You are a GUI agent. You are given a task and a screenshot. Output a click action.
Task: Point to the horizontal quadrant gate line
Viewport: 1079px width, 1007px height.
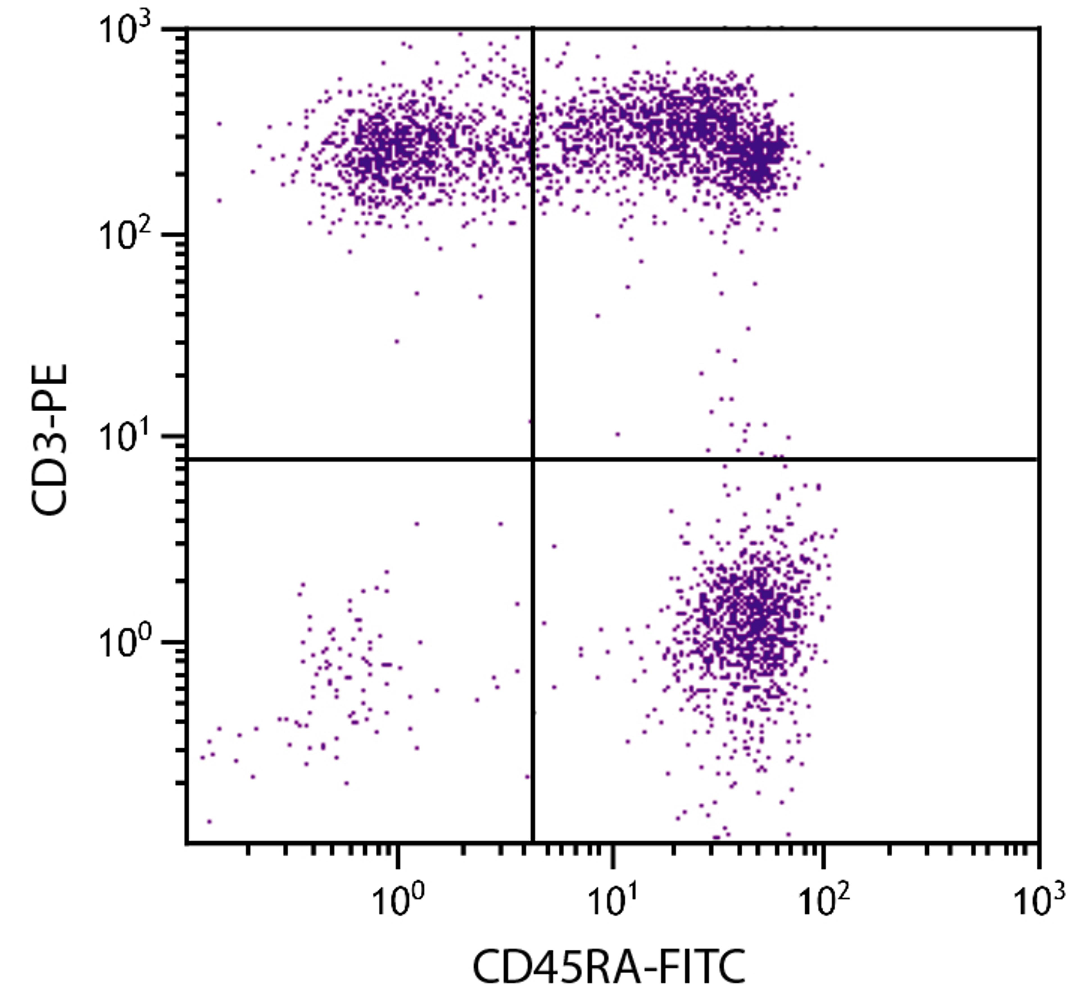[x=760, y=459]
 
